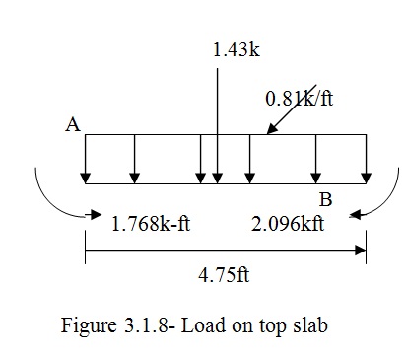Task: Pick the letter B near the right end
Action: (x=326, y=200)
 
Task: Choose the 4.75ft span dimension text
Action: (x=223, y=275)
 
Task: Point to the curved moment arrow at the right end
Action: (x=379, y=202)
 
